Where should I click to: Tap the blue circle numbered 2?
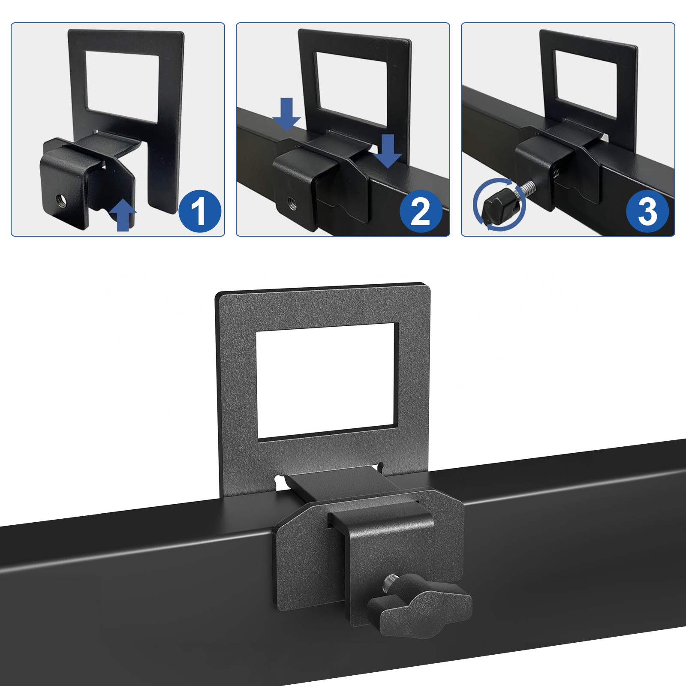[421, 211]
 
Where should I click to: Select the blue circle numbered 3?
[647, 211]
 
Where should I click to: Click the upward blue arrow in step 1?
[123, 214]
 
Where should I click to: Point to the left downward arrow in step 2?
[287, 114]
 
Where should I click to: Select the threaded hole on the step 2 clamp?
[292, 201]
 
